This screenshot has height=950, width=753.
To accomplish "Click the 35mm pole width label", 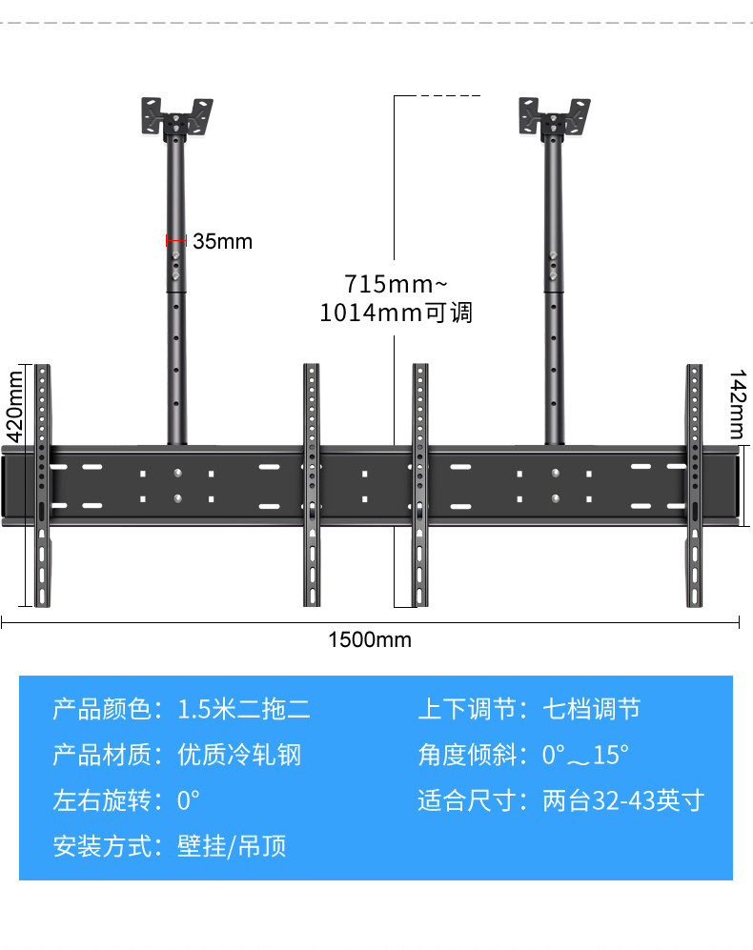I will pos(223,241).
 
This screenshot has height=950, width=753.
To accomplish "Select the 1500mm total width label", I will pos(370,639).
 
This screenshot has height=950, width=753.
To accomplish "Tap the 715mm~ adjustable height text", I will pos(394,284).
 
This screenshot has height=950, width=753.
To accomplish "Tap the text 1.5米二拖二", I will pos(244,709).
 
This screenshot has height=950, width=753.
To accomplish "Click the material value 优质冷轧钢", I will pos(239,755).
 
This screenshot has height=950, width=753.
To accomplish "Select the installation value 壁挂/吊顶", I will pos(232,845).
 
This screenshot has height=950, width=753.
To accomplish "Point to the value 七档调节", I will pos(591,709).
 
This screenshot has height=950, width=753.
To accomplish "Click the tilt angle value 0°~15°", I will pos(585,756).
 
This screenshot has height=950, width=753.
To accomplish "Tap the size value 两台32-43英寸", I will pos(622,800).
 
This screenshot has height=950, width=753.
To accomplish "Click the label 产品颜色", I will pos(100,709).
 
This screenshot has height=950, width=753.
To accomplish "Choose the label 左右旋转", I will pos(100,800).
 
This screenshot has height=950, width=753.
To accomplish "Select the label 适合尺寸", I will pos(465,800).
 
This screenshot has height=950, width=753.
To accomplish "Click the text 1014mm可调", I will pos(396,313).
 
